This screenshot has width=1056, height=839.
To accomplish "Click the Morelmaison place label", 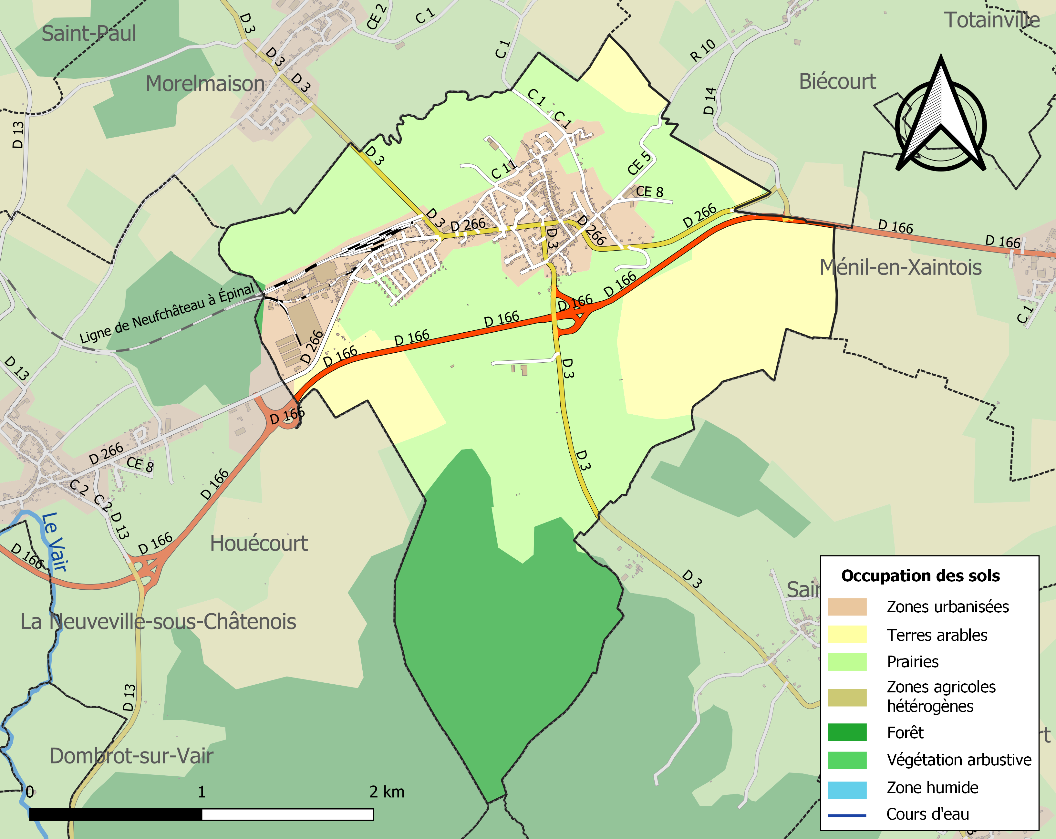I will click(x=205, y=84).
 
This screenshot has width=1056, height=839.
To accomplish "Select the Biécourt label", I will click(x=837, y=81).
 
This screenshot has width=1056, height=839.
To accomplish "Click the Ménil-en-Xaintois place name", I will click(x=900, y=267).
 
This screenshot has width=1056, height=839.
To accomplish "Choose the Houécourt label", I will click(x=259, y=544).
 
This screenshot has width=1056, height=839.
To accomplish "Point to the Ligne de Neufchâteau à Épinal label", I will click(x=167, y=314).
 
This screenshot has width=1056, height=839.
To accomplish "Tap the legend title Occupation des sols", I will click(x=920, y=575).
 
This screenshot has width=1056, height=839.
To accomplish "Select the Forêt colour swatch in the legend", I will click(x=847, y=732).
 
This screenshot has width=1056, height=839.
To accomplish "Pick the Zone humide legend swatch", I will click(x=847, y=788).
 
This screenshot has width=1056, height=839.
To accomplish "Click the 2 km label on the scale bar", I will click(x=387, y=792).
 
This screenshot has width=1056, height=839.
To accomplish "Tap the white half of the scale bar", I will click(x=287, y=814).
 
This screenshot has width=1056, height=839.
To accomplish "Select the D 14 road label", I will click(x=710, y=101).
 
